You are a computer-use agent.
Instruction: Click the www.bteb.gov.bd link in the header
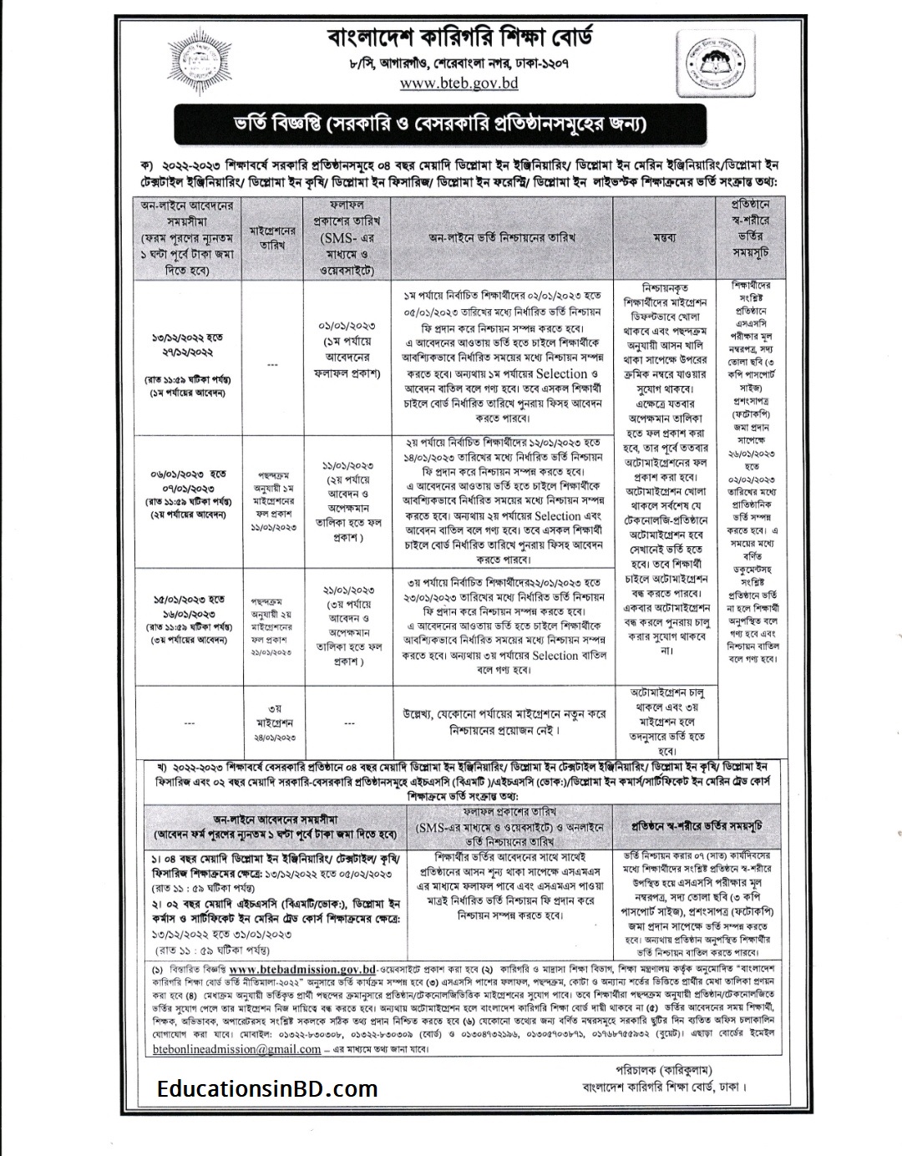coord(459,83)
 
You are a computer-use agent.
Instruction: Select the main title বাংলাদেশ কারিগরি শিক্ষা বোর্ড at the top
coord(459,37)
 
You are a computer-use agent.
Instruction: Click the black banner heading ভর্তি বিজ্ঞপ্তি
coord(451,125)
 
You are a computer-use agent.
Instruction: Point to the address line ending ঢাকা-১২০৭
coord(459,63)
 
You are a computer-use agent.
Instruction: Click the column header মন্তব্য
coord(665,237)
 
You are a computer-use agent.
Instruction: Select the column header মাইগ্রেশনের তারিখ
coord(272,237)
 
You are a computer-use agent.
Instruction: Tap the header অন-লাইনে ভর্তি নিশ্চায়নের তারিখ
coord(501,237)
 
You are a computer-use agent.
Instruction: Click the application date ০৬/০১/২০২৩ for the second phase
coord(187,474)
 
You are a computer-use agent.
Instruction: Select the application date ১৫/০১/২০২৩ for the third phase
coord(187,599)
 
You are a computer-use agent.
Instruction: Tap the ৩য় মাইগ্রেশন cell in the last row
coord(272,713)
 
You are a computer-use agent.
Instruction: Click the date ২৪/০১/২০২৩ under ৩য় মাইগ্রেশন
coord(272,738)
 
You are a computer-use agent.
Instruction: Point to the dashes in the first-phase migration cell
coord(272,364)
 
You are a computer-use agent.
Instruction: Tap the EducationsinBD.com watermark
coord(267,1088)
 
